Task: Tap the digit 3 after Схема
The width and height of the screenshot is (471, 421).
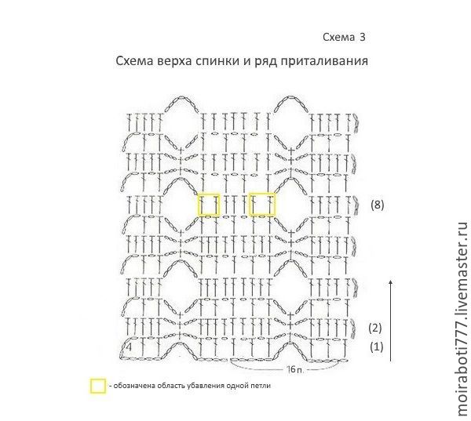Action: [363, 37]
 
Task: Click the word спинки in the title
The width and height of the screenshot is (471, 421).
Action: [217, 61]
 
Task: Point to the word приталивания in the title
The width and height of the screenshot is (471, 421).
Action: [324, 61]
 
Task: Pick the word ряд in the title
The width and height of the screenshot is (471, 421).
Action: [266, 61]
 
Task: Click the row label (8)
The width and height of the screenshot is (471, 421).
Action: [378, 205]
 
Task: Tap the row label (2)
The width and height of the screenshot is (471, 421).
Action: [375, 328]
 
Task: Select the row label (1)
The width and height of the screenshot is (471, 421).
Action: [376, 347]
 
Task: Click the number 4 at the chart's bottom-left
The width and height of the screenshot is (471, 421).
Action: [129, 347]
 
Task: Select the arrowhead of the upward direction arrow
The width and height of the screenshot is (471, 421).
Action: [390, 281]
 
